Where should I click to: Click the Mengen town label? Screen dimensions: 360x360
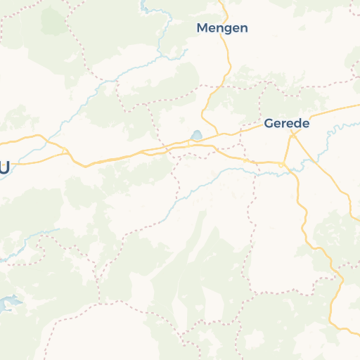click(x=222, y=28)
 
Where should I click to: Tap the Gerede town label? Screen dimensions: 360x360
click(x=286, y=123)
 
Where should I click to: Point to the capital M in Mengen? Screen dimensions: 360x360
click(x=202, y=28)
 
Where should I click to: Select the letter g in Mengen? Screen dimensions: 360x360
click(x=228, y=30)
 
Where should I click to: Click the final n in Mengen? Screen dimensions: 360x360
click(x=243, y=28)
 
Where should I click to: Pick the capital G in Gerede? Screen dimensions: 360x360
click(x=269, y=123)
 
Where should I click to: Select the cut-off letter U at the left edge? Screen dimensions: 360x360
click(x=4, y=168)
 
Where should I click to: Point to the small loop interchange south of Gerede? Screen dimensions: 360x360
click(x=281, y=165)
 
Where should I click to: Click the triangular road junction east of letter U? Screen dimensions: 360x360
click(x=68, y=153)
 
